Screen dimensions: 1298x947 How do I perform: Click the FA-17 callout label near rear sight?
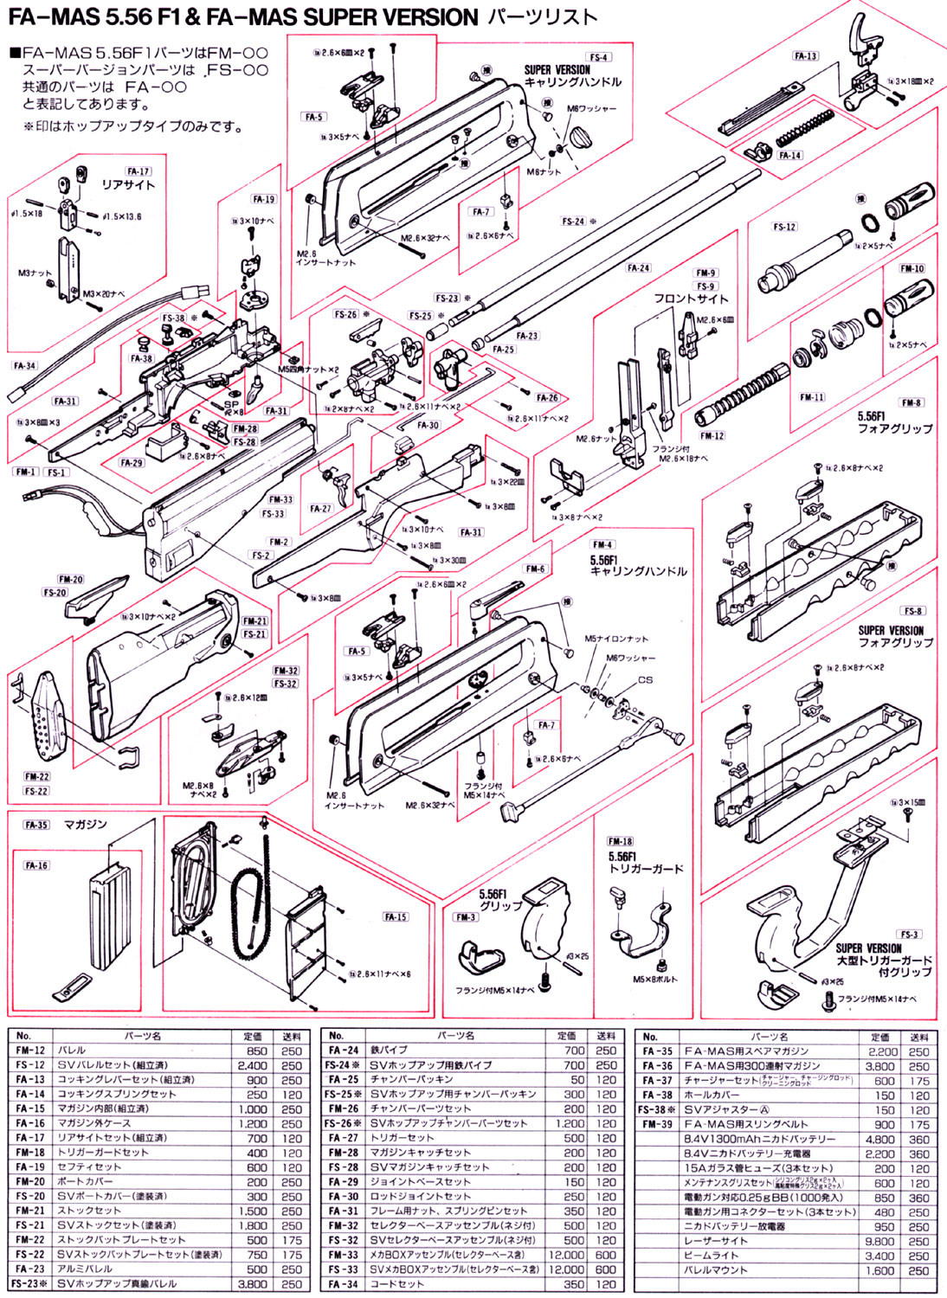pos(138,171)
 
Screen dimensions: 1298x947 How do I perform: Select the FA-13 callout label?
pos(805,56)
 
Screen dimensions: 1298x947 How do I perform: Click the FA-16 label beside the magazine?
pos(36,864)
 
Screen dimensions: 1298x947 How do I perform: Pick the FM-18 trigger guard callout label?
pos(620,840)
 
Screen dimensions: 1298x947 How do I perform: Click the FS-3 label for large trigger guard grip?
pos(909,934)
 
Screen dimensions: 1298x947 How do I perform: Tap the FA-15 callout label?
pos(396,916)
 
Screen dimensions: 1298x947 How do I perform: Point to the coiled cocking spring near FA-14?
pos(805,127)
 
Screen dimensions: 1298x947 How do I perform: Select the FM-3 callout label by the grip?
pos(466,916)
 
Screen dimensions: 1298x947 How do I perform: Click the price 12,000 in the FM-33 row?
pos(566,1255)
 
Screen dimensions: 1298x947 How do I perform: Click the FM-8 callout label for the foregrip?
pos(911,402)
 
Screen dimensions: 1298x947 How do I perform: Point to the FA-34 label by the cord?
pos(24,365)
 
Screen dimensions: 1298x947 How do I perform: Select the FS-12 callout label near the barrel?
pos(784,227)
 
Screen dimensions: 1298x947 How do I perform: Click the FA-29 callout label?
pos(132,463)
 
